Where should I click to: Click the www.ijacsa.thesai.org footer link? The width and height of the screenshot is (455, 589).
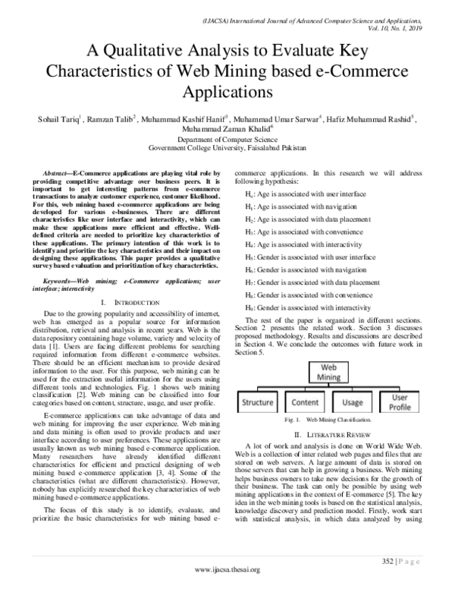point(227,569)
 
